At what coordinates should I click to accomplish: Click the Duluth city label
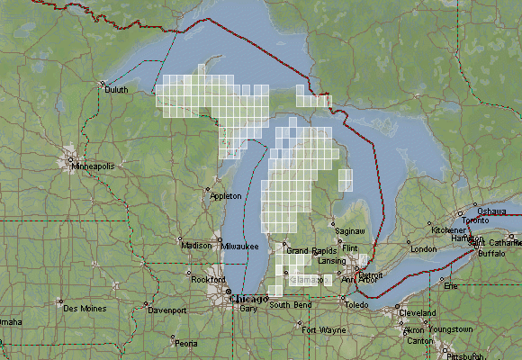click(x=116, y=90)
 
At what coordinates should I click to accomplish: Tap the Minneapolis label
click(x=94, y=166)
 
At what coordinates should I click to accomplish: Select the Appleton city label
click(x=225, y=196)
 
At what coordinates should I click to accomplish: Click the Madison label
click(x=196, y=246)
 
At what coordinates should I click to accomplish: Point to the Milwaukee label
click(x=240, y=246)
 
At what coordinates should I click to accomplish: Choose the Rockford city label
click(x=210, y=280)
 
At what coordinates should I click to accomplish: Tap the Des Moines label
click(x=83, y=309)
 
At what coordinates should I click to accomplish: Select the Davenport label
click(x=166, y=310)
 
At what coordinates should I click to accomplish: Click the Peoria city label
click(x=186, y=344)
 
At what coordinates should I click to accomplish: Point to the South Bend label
click(x=291, y=306)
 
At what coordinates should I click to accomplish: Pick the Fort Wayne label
click(x=322, y=330)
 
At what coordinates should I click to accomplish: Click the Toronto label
click(x=475, y=220)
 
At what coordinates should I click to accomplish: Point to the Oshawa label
click(x=491, y=210)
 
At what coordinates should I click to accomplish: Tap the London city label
click(x=423, y=249)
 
